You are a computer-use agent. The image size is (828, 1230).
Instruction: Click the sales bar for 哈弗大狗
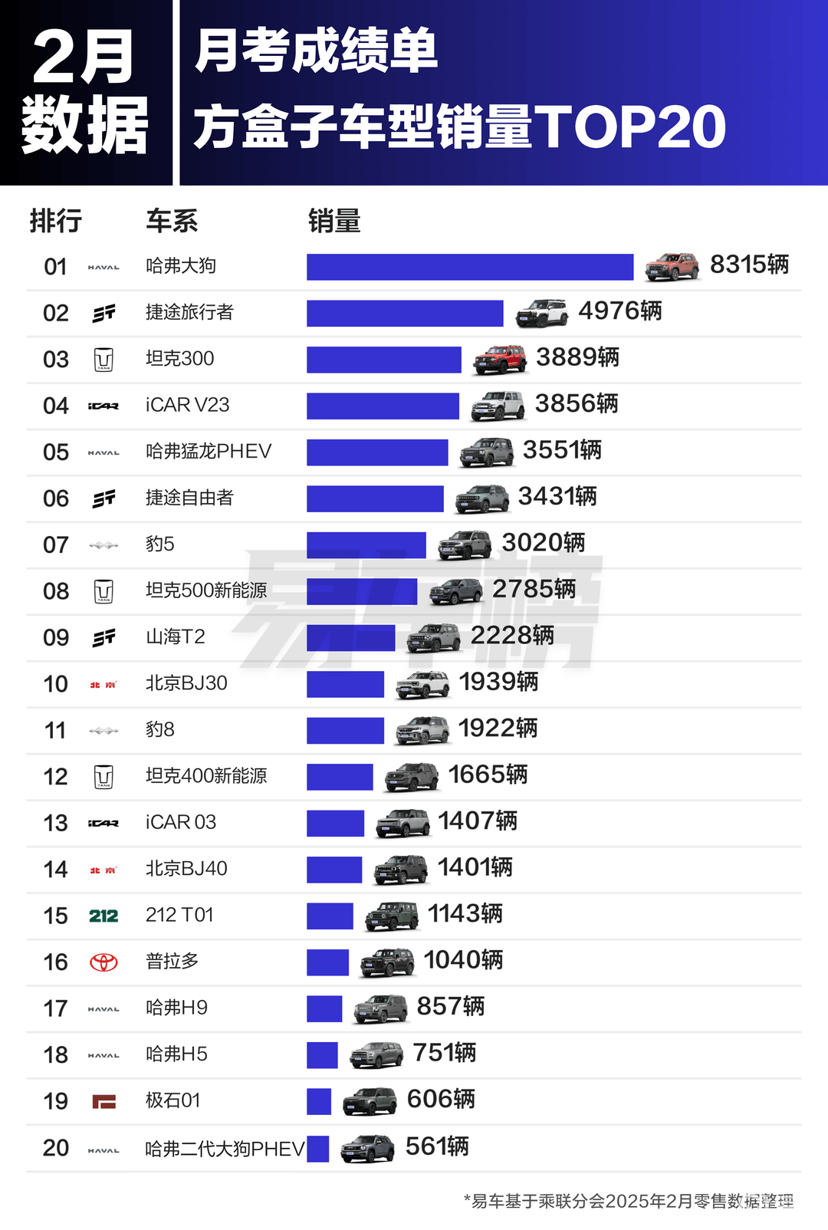pyautogui.click(x=470, y=267)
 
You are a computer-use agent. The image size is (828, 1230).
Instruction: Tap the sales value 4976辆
pyautogui.click(x=619, y=311)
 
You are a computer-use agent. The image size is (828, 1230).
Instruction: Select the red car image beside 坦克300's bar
pyautogui.click(x=500, y=359)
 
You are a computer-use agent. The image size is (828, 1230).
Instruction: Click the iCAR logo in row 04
pyautogui.click(x=103, y=406)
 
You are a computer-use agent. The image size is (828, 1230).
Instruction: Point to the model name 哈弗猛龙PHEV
pyautogui.click(x=209, y=452)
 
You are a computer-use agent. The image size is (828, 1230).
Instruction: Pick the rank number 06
pyautogui.click(x=56, y=499)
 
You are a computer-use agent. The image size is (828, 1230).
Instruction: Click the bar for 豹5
pyautogui.click(x=366, y=545)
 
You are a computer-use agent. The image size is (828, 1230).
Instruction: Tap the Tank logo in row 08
pyautogui.click(x=103, y=591)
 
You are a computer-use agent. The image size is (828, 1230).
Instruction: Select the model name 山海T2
pyautogui.click(x=176, y=637)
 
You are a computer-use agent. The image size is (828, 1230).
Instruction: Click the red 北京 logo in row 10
pyautogui.click(x=103, y=685)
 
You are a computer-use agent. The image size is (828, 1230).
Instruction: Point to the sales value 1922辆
pyautogui.click(x=498, y=728)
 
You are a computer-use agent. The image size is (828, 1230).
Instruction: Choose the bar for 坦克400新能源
pyautogui.click(x=340, y=777)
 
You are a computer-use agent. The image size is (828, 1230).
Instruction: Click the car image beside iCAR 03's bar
pyautogui.click(x=403, y=823)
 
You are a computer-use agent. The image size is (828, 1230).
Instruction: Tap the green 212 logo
pyautogui.click(x=103, y=916)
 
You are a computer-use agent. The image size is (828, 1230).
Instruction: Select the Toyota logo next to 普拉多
pyautogui.click(x=103, y=962)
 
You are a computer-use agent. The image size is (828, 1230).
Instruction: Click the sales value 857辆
pyautogui.click(x=450, y=1007)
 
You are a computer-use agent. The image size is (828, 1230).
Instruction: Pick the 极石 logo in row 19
pyautogui.click(x=103, y=1102)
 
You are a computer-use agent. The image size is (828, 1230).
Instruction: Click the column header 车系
pyautogui.click(x=172, y=222)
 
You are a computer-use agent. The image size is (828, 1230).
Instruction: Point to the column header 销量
pyautogui.click(x=334, y=222)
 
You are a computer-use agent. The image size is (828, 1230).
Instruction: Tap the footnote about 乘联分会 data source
pyautogui.click(x=629, y=1201)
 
